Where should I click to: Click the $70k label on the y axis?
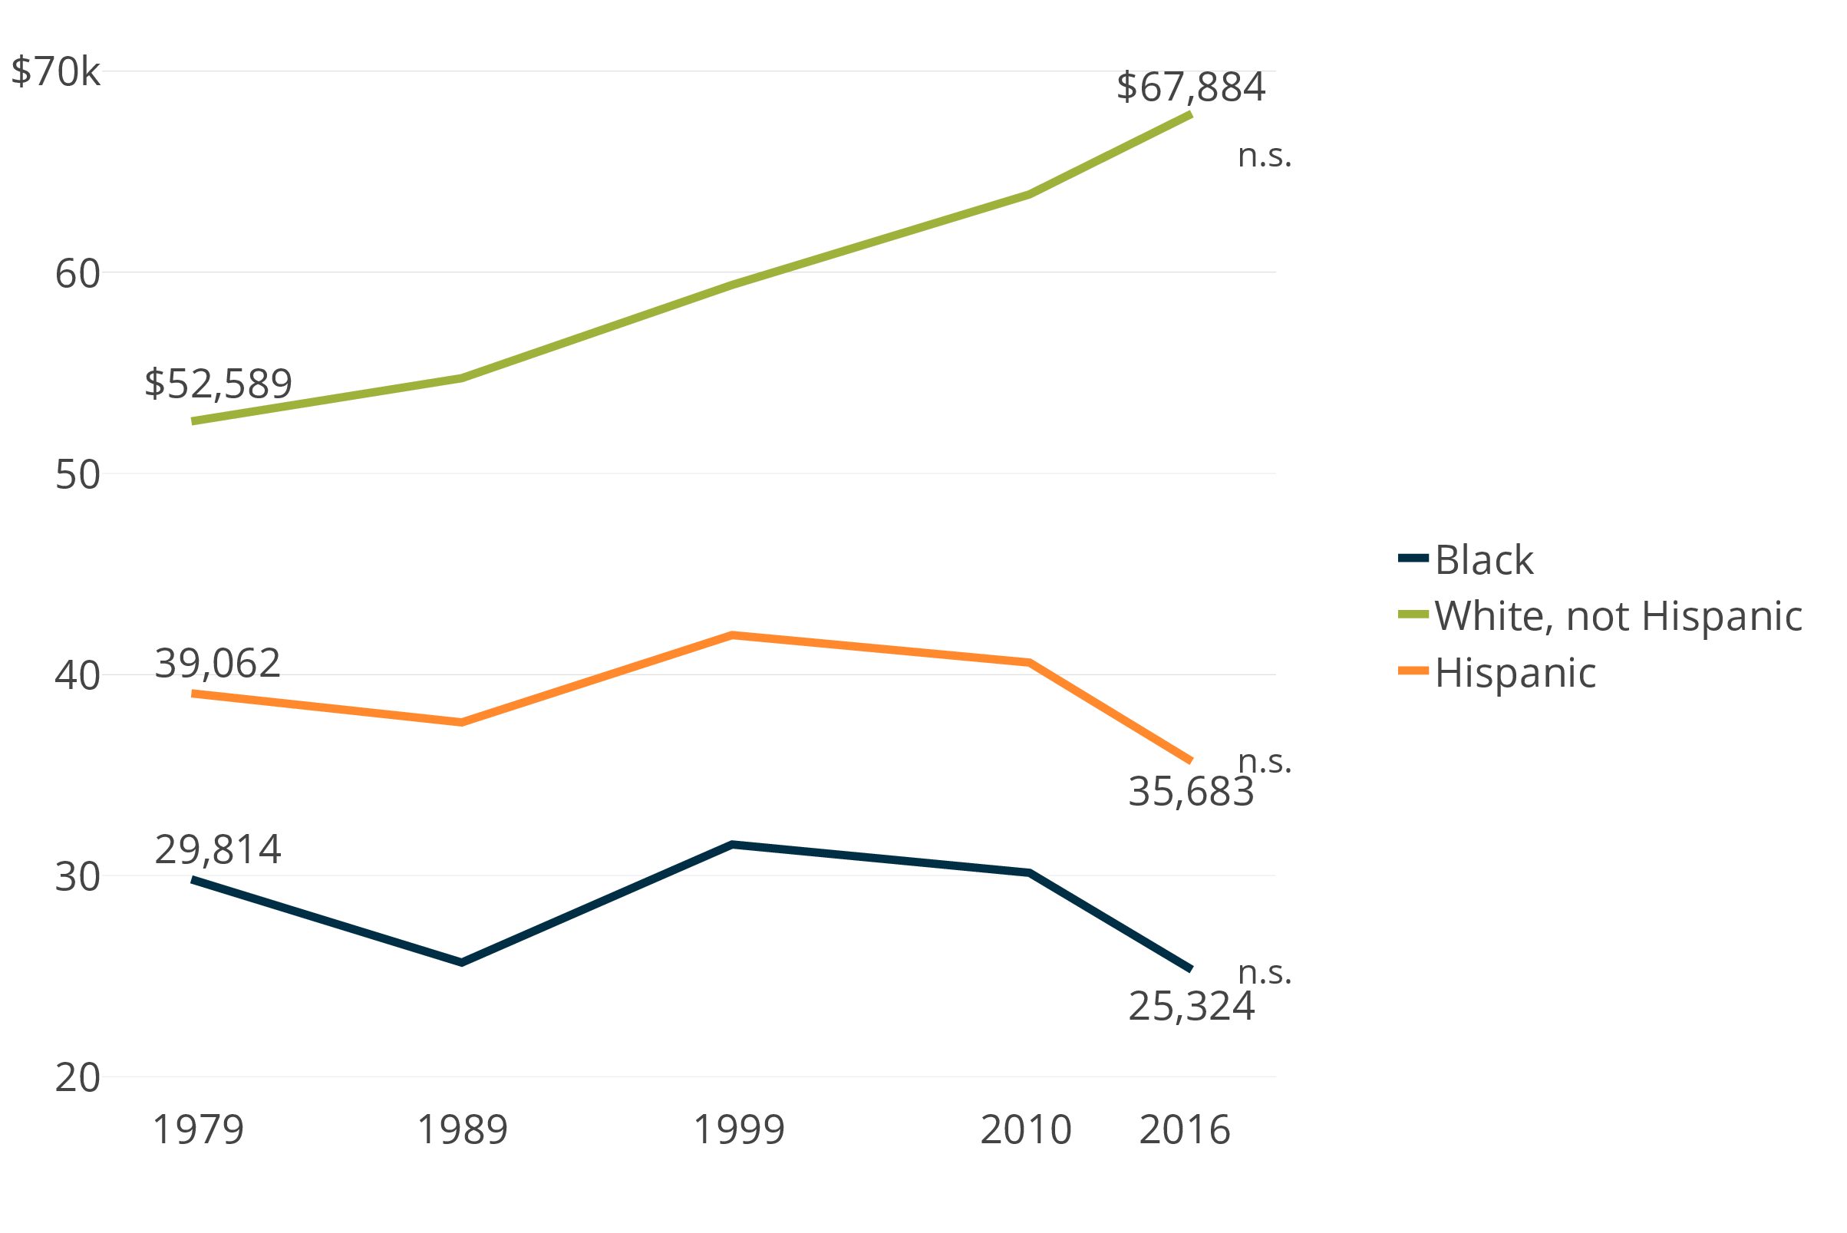click(56, 72)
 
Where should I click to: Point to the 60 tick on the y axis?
click(77, 274)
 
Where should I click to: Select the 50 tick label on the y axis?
click(77, 475)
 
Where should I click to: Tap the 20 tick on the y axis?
click(77, 1077)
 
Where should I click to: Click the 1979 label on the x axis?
click(198, 1130)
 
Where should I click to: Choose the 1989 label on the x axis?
click(463, 1130)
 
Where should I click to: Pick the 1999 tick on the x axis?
click(738, 1130)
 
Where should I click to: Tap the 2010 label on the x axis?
click(1026, 1130)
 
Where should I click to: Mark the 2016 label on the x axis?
click(1184, 1130)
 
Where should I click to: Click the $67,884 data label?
click(1190, 87)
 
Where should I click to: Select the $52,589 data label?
click(218, 384)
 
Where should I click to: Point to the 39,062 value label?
click(218, 664)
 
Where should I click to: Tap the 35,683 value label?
click(1190, 792)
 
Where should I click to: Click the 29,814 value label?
click(218, 849)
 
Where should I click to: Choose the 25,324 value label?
click(1190, 1007)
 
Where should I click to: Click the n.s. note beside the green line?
click(1265, 156)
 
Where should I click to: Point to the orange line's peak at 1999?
click(732, 635)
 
